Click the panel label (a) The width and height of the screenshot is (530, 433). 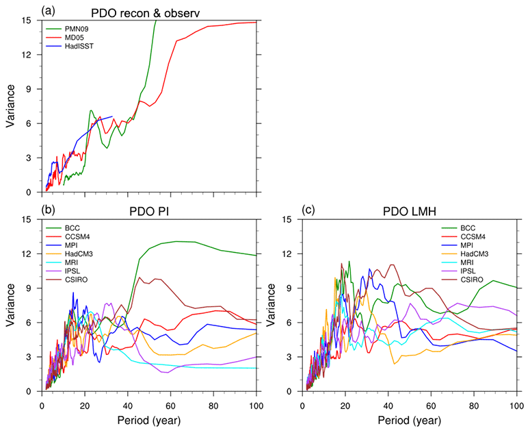click(50, 10)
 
